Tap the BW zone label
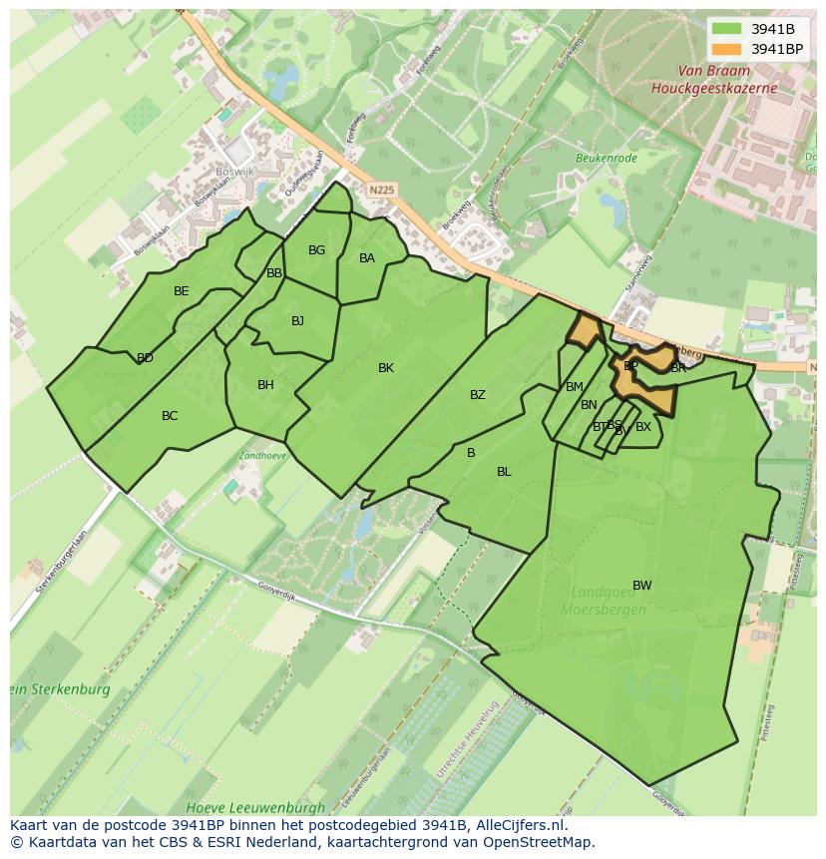[x=641, y=586]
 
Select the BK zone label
[x=386, y=368]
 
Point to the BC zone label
[x=170, y=416]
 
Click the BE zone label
[x=181, y=291]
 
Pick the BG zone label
[x=316, y=250]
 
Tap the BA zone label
[x=366, y=258]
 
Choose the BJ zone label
[x=297, y=321]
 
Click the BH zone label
[x=265, y=385]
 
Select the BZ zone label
[x=478, y=395]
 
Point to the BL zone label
[x=504, y=472]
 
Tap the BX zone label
[x=643, y=427]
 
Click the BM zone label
[x=575, y=387]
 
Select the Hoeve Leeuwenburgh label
[x=255, y=806]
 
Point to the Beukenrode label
[x=607, y=157]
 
